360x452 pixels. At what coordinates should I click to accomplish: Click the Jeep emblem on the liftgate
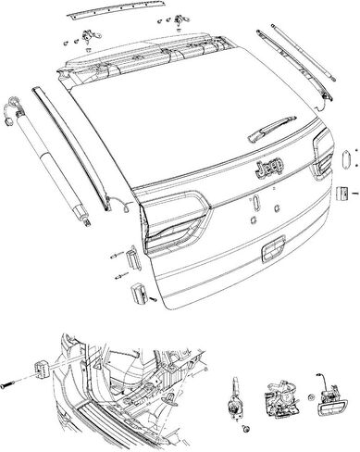click(x=268, y=168)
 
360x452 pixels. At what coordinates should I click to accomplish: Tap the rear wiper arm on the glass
click(x=271, y=130)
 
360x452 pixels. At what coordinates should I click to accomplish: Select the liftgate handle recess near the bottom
click(x=273, y=249)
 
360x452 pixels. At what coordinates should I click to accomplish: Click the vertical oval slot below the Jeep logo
click(x=255, y=202)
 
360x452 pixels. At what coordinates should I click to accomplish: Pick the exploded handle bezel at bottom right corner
click(x=331, y=400)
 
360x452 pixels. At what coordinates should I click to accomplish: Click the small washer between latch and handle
click(x=310, y=396)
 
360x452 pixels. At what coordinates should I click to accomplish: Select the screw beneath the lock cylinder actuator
click(x=246, y=429)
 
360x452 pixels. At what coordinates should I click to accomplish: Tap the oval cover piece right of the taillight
click(x=346, y=158)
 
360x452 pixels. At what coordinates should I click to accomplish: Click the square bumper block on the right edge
click(x=341, y=194)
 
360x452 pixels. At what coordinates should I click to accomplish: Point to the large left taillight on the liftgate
click(x=173, y=220)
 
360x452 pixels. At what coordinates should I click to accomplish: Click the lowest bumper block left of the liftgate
click(x=139, y=294)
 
